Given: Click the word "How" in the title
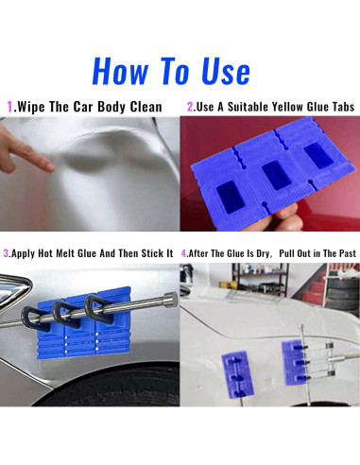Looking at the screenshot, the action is tap(120, 71).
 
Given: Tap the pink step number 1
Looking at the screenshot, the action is tap(9, 107).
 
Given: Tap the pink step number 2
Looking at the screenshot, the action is tap(190, 107).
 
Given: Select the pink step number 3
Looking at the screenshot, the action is tap(6, 253).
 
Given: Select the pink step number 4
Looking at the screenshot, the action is tap(184, 253).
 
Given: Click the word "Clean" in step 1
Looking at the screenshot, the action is tap(146, 107).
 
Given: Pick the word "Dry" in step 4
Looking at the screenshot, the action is tap(263, 254).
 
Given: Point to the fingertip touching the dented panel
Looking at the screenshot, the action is tap(49, 166).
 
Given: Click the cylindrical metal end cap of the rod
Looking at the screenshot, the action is tap(170, 300).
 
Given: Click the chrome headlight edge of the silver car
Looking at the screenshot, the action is tap(16, 291).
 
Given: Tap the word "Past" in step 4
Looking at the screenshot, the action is tap(348, 253).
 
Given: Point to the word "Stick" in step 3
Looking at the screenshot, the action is tap(152, 253).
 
